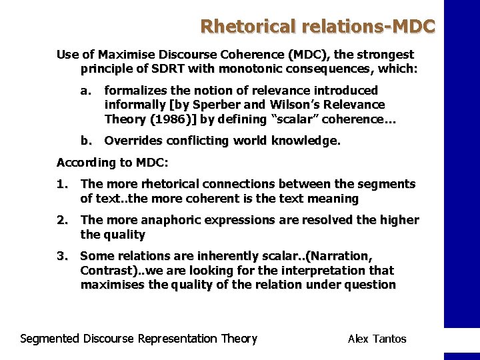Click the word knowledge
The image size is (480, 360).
pos(307,141)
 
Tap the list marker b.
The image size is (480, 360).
pos(85,141)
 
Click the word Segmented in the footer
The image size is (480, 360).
pos(49,339)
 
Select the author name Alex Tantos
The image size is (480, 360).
pos(377,339)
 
